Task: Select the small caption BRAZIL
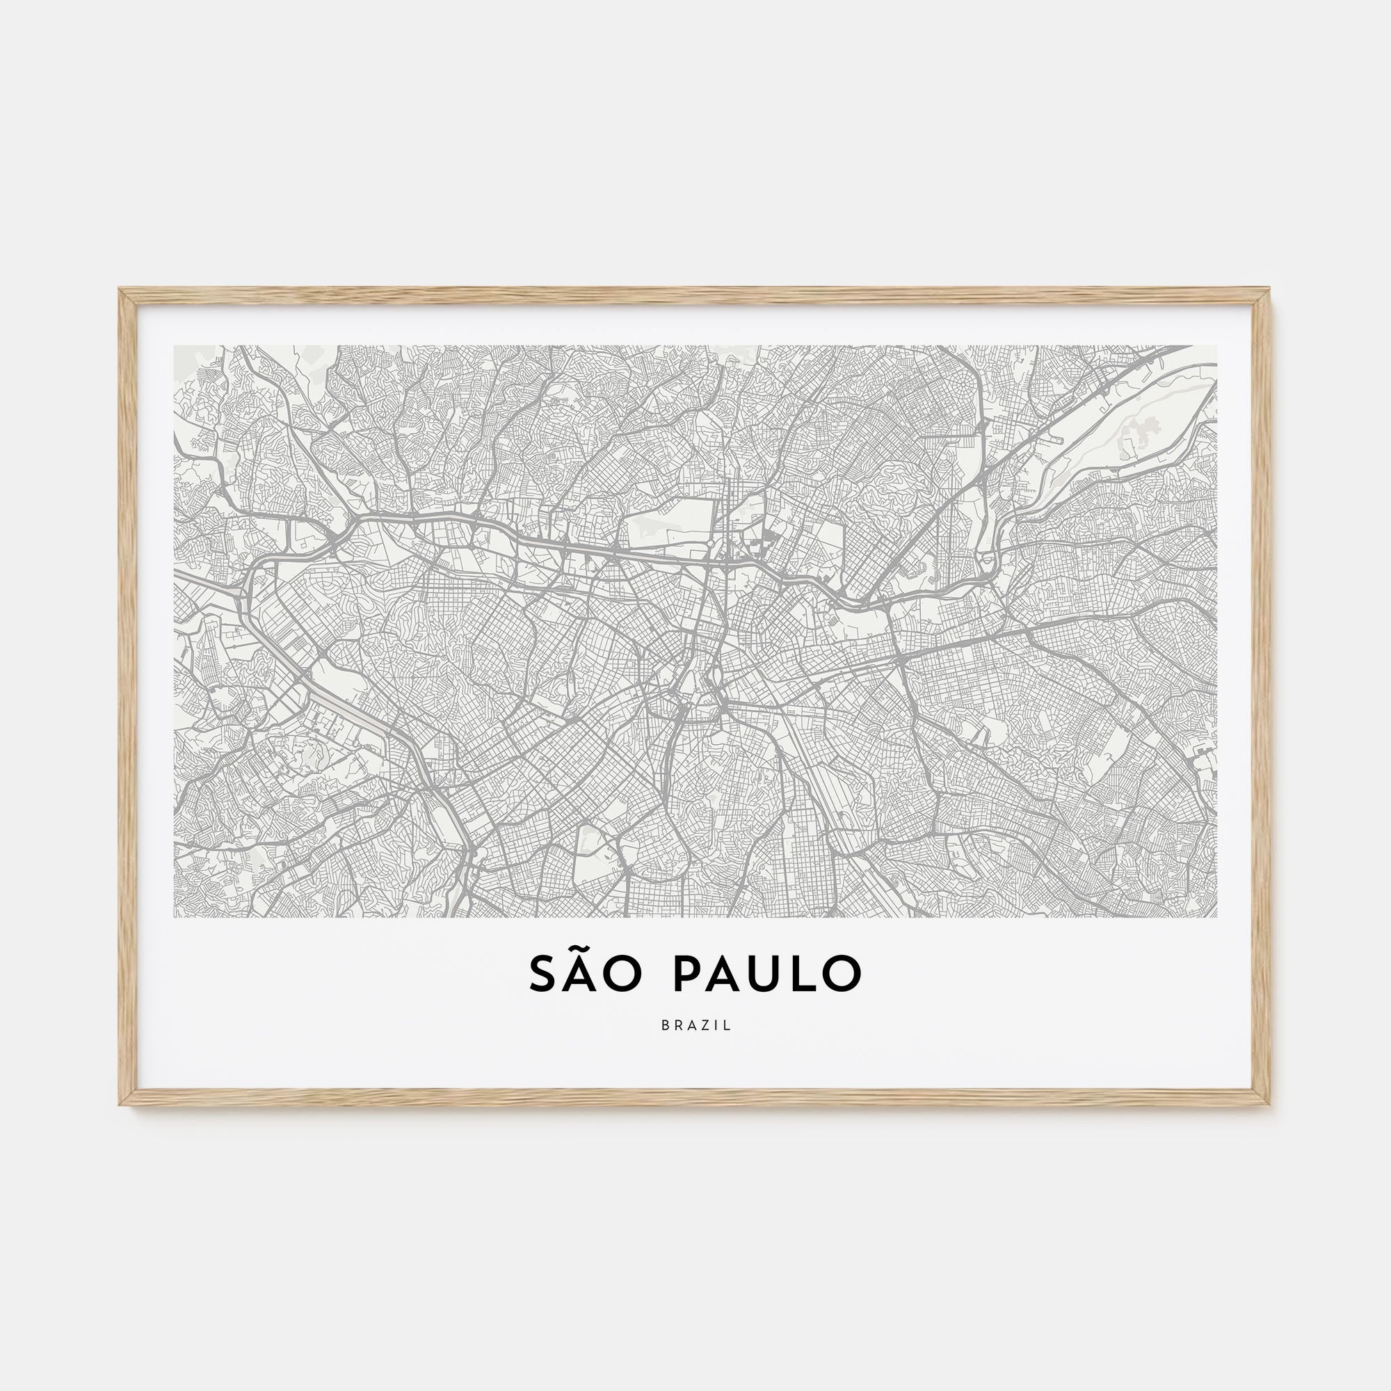(x=695, y=1026)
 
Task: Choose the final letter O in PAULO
(x=842, y=975)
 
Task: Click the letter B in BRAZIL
(x=664, y=1026)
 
